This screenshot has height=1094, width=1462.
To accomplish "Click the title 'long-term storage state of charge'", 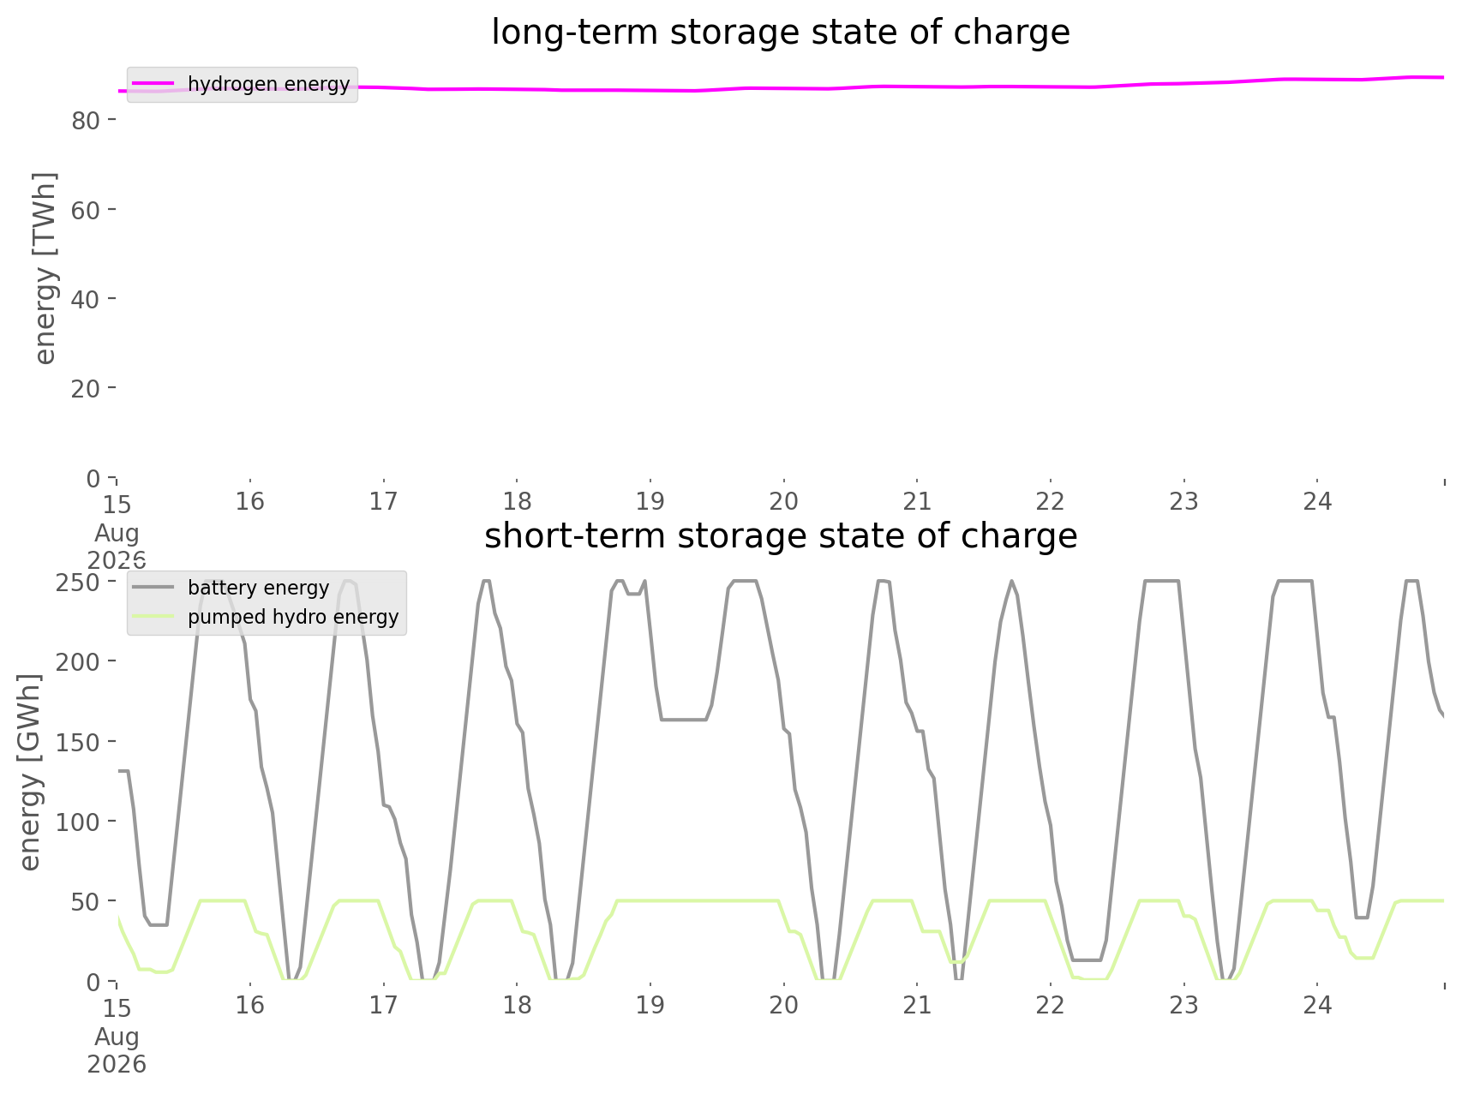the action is [x=780, y=33].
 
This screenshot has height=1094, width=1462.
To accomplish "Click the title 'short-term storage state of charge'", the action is [x=780, y=536].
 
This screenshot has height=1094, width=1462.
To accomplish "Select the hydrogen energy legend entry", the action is [x=242, y=84].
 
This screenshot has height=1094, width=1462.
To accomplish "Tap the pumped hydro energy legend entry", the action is [x=266, y=617].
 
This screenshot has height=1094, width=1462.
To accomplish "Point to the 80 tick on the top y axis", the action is [x=83, y=121].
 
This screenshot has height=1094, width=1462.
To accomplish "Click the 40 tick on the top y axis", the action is [x=83, y=299].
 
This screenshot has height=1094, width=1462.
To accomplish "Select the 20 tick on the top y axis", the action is [x=83, y=388].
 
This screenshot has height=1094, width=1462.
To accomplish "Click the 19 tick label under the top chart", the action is [x=650, y=501].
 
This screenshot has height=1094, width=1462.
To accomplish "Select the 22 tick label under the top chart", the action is [x=1051, y=501].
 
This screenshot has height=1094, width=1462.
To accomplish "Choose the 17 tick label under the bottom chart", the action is [x=384, y=1005].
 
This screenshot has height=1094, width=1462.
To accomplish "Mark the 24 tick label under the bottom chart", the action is [x=1318, y=1005].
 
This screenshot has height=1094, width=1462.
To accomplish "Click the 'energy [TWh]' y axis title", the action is [x=45, y=268].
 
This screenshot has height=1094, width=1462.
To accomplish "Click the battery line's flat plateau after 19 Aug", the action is [x=683, y=720].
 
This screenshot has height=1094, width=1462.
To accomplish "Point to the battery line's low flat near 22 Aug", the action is [x=1087, y=959].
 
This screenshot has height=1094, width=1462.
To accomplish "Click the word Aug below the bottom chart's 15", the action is [x=117, y=1037].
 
